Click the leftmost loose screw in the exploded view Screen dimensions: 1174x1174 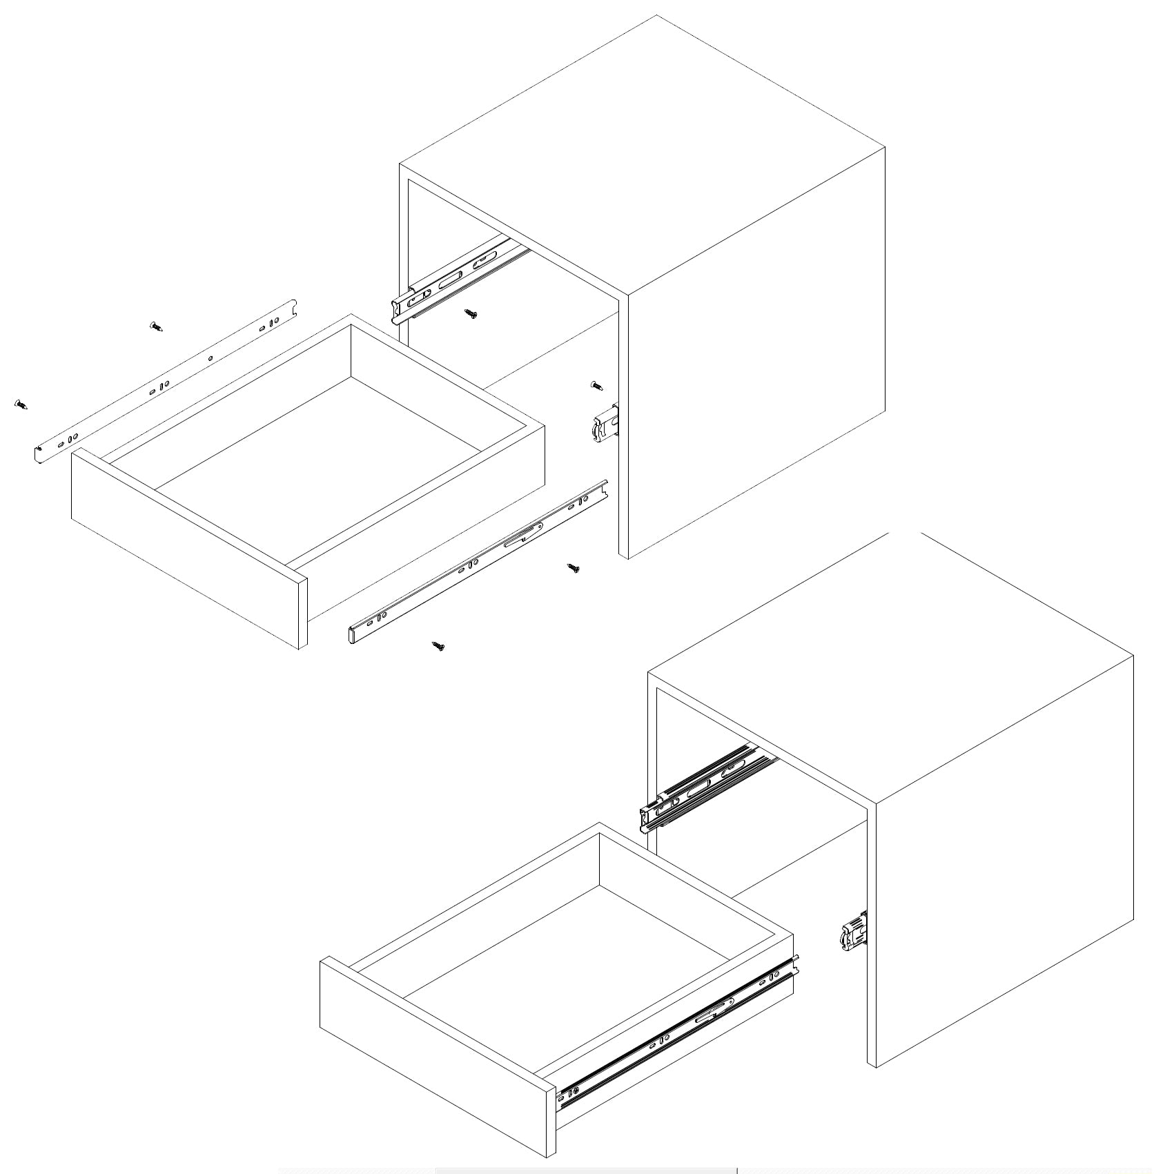tap(21, 404)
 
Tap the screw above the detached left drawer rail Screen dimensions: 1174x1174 tap(156, 326)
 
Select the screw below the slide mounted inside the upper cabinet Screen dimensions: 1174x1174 tap(471, 315)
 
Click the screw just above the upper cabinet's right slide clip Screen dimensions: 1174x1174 tap(597, 385)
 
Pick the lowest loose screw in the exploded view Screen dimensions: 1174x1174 tap(438, 646)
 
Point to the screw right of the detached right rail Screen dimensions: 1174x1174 tap(573, 568)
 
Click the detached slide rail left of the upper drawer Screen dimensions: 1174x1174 tap(166, 383)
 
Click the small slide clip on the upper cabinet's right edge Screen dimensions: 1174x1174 tap(606, 423)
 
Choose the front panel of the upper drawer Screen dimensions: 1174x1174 tap(186, 549)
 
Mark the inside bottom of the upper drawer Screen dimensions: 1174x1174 tap(317, 469)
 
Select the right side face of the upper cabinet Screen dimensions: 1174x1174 tap(756, 352)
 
